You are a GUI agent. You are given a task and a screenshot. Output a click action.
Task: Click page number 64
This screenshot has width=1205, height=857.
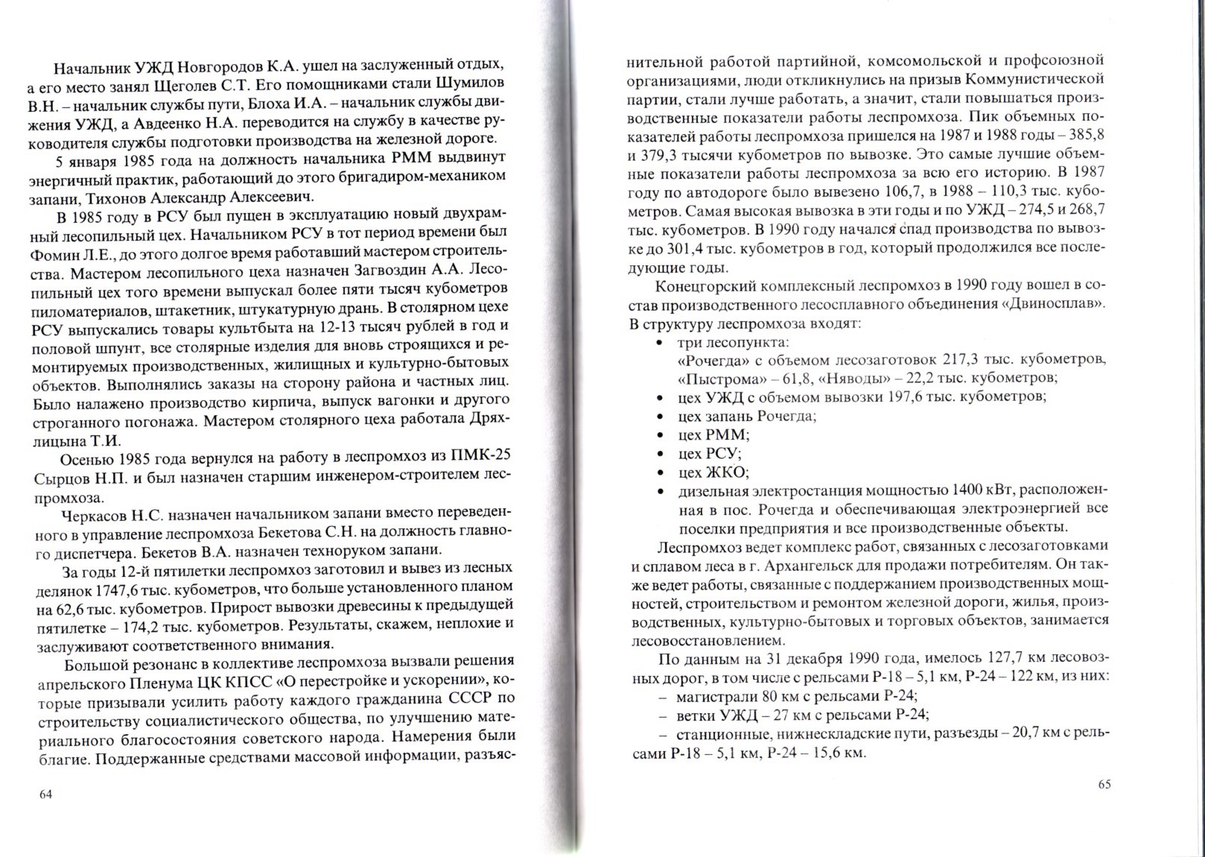tap(45, 794)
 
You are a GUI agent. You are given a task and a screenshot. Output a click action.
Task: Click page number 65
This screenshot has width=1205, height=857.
tap(1104, 784)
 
